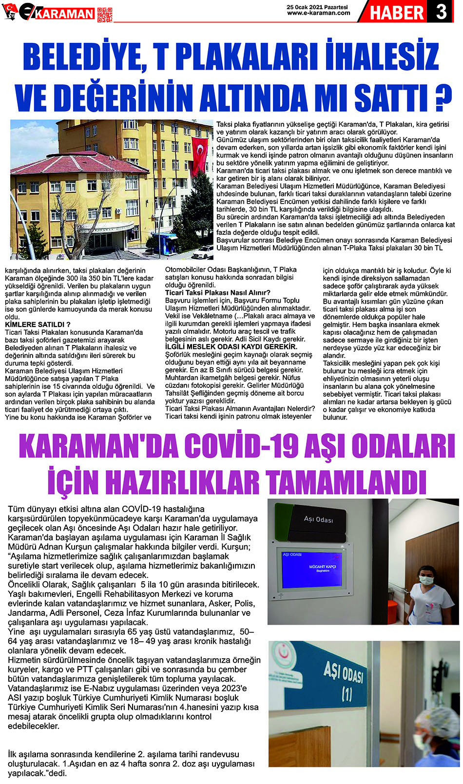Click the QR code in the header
(x=104, y=14)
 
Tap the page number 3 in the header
(x=441, y=12)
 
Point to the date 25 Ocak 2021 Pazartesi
(x=317, y=7)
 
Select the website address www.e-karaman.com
(x=318, y=13)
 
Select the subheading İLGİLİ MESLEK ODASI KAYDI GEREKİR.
(x=231, y=346)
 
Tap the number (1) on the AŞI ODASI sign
(x=347, y=693)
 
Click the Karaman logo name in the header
(x=65, y=14)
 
